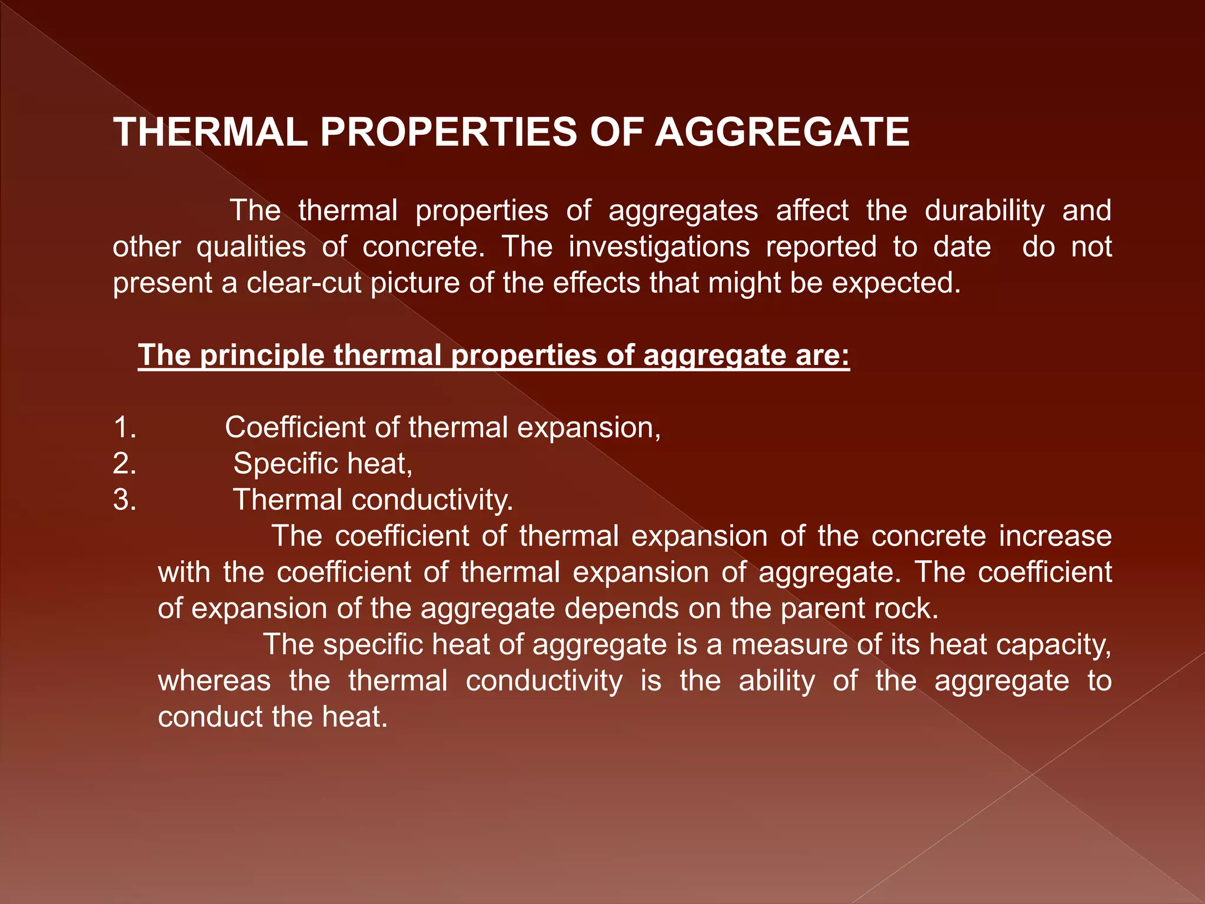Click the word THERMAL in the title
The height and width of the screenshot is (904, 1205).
tap(211, 132)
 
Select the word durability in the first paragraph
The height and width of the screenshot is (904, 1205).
tap(984, 211)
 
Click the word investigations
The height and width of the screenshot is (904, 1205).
tap(659, 247)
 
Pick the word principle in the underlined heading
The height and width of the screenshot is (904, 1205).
tap(262, 355)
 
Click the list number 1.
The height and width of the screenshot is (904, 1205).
tap(124, 428)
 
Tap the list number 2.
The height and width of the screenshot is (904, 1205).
tap(124, 464)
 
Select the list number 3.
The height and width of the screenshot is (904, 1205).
tap(124, 500)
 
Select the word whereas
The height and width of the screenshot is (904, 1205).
tap(214, 681)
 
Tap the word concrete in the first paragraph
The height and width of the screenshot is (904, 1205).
tap(424, 247)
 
